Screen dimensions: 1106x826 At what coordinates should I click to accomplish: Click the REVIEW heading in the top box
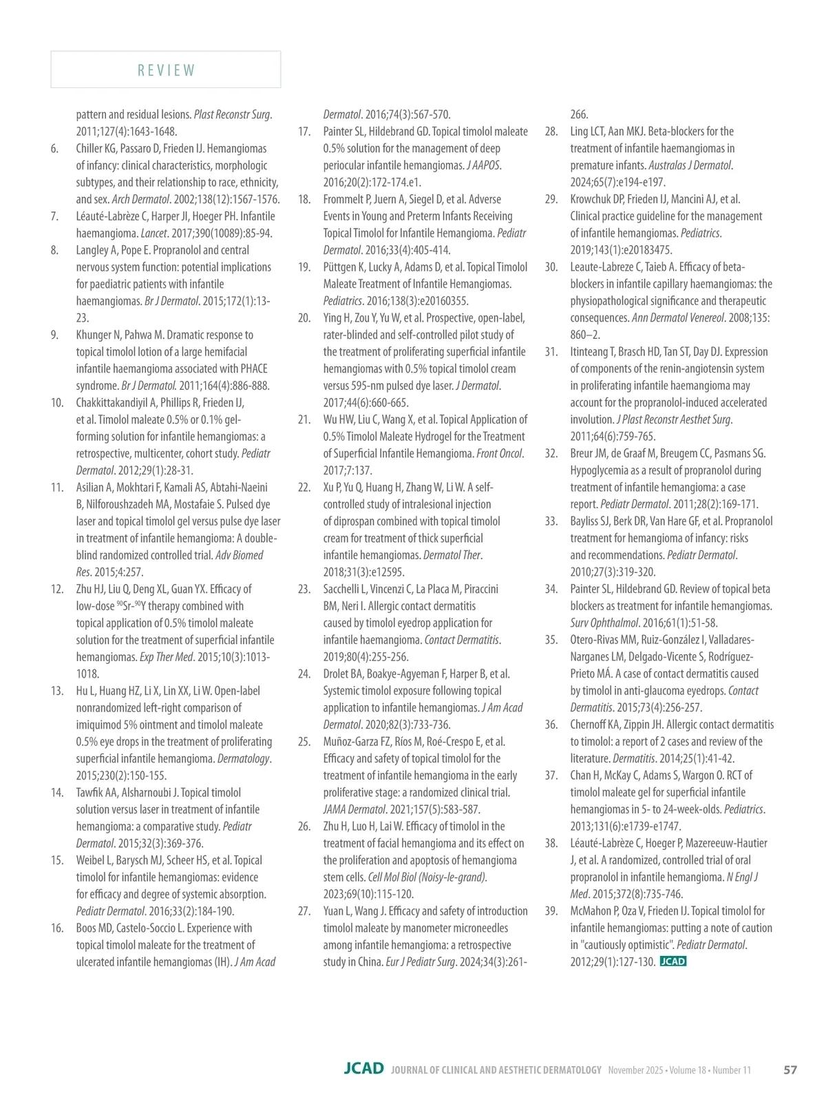[166, 70]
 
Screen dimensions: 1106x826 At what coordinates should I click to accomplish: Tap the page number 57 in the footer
[790, 1070]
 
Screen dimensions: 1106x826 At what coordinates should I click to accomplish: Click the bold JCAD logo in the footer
[363, 1069]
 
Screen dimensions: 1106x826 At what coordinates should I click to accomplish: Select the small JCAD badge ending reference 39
[673, 961]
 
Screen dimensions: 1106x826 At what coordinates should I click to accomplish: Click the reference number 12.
[57, 589]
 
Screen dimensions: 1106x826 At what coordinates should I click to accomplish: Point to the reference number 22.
[304, 488]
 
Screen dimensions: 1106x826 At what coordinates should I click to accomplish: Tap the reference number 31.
[551, 352]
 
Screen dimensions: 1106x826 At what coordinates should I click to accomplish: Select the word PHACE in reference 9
[250, 368]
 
